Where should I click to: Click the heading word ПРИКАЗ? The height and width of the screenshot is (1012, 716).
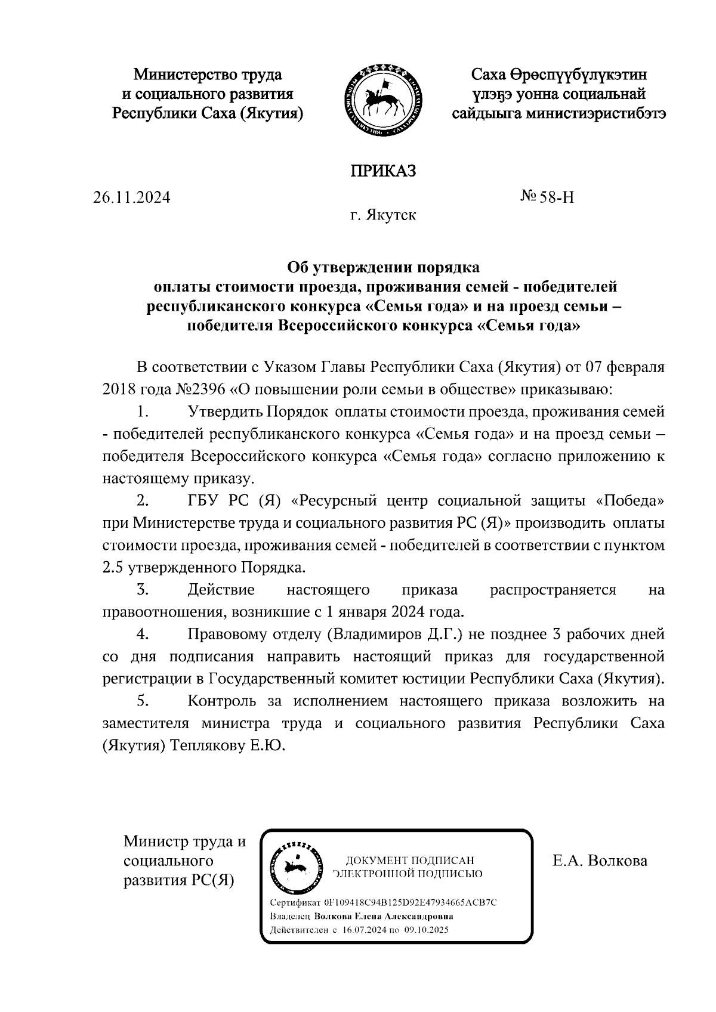[382, 171]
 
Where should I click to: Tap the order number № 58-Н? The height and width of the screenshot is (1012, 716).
[547, 197]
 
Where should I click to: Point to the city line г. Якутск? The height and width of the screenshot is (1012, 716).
[383, 215]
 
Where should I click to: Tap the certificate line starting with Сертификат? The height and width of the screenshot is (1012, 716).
[383, 902]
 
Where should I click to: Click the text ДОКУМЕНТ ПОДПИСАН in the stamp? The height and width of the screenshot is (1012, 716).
[410, 860]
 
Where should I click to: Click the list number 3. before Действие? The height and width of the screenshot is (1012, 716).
[142, 590]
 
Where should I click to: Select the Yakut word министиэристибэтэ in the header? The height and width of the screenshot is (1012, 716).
[595, 113]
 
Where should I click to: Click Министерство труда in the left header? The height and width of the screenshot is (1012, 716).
[208, 75]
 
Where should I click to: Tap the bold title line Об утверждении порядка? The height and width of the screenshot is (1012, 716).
[382, 266]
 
